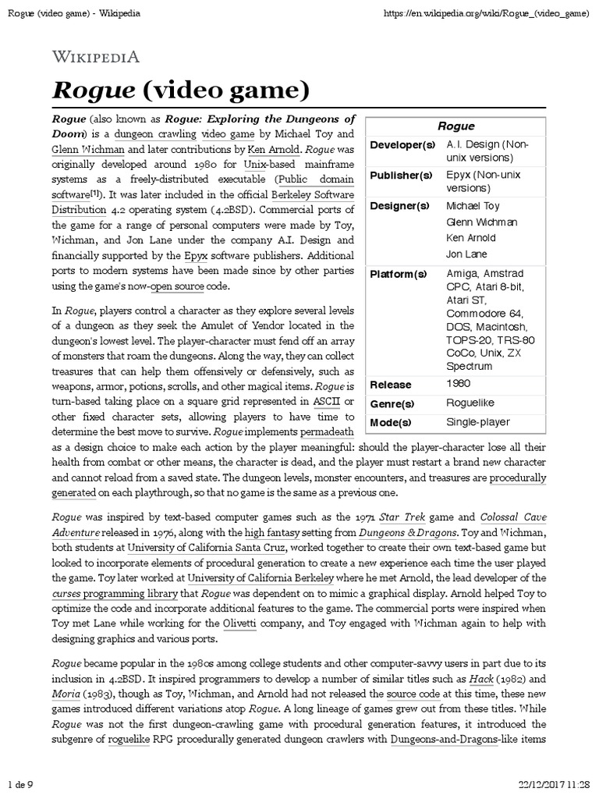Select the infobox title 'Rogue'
click(x=455, y=126)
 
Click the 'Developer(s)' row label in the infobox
click(x=402, y=145)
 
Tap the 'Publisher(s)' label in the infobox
click(x=401, y=176)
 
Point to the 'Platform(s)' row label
click(x=399, y=274)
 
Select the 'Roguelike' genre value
click(x=470, y=403)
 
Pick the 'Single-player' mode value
click(x=477, y=422)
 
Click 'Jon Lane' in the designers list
click(x=466, y=254)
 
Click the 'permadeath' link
click(x=321, y=431)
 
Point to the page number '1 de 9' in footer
click(x=21, y=783)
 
